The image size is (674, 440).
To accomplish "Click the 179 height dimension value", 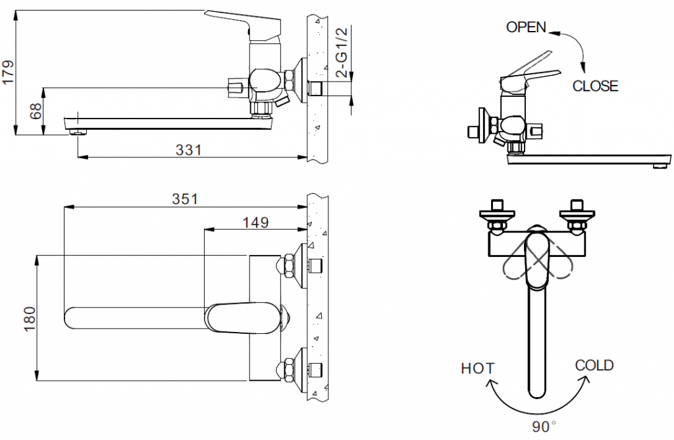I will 8,72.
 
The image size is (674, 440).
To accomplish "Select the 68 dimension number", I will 36,111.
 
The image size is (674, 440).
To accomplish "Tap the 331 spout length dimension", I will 188,150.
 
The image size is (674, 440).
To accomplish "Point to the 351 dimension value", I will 184,199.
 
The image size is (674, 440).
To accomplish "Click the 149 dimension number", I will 255,222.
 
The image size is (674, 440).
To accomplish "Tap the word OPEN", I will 526,27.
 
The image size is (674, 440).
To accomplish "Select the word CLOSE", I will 595,86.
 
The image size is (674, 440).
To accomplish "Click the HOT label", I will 478,368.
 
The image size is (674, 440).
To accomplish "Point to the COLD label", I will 594,365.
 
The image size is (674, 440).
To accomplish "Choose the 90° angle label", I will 544,426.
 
